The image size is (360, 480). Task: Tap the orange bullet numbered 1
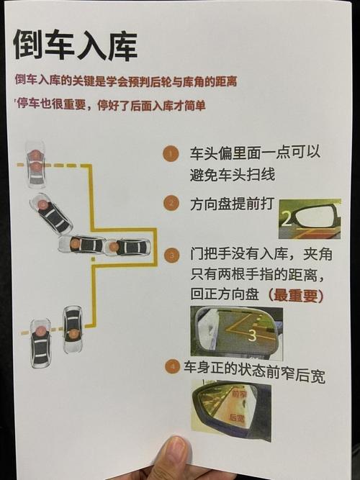tap(171, 154)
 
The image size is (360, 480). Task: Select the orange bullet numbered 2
tap(171, 203)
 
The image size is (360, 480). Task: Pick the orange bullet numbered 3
tap(171, 255)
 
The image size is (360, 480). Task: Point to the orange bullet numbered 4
tap(172, 366)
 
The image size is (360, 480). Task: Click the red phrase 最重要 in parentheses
tap(296, 295)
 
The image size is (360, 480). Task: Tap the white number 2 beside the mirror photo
tap(287, 219)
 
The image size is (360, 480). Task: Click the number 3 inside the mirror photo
tap(252, 335)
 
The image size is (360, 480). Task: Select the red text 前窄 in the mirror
tap(240, 394)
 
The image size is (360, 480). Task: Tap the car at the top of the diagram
tap(36, 164)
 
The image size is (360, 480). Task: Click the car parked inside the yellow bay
tap(127, 247)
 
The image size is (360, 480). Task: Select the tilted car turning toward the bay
tap(51, 213)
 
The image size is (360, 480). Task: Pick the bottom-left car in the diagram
tap(40, 343)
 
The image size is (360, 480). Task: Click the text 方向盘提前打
tap(232, 204)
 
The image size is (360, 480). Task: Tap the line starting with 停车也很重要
tap(111, 105)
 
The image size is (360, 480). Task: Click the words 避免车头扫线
tap(233, 175)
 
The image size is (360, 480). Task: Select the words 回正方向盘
tap(225, 294)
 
